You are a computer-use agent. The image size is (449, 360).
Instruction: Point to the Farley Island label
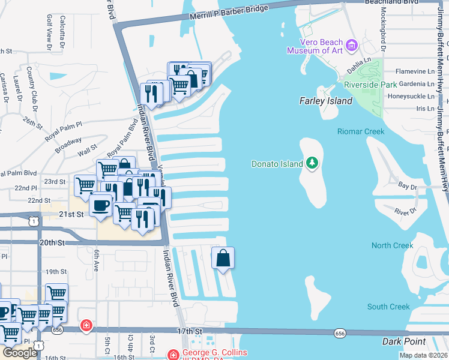pos(326,101)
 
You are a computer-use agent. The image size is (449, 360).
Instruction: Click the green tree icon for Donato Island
pos(312,163)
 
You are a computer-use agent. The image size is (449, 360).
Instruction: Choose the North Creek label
pos(393,245)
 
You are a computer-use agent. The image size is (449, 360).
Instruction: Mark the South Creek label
pos(388,307)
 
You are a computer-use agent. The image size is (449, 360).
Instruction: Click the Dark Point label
pos(404,342)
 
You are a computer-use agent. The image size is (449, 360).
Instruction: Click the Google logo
pos(20,352)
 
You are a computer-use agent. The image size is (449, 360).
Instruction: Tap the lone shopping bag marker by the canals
pos(223,259)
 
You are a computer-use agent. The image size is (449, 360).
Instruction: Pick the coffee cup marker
pos(100,205)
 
